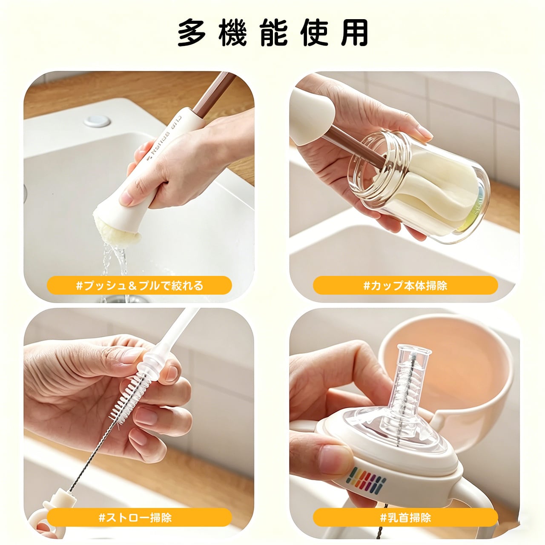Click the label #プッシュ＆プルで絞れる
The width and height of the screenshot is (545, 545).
click(x=140, y=286)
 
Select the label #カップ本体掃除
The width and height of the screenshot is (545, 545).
click(x=405, y=286)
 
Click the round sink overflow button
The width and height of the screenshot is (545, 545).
click(x=97, y=120)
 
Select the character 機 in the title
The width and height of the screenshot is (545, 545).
click(x=233, y=33)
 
